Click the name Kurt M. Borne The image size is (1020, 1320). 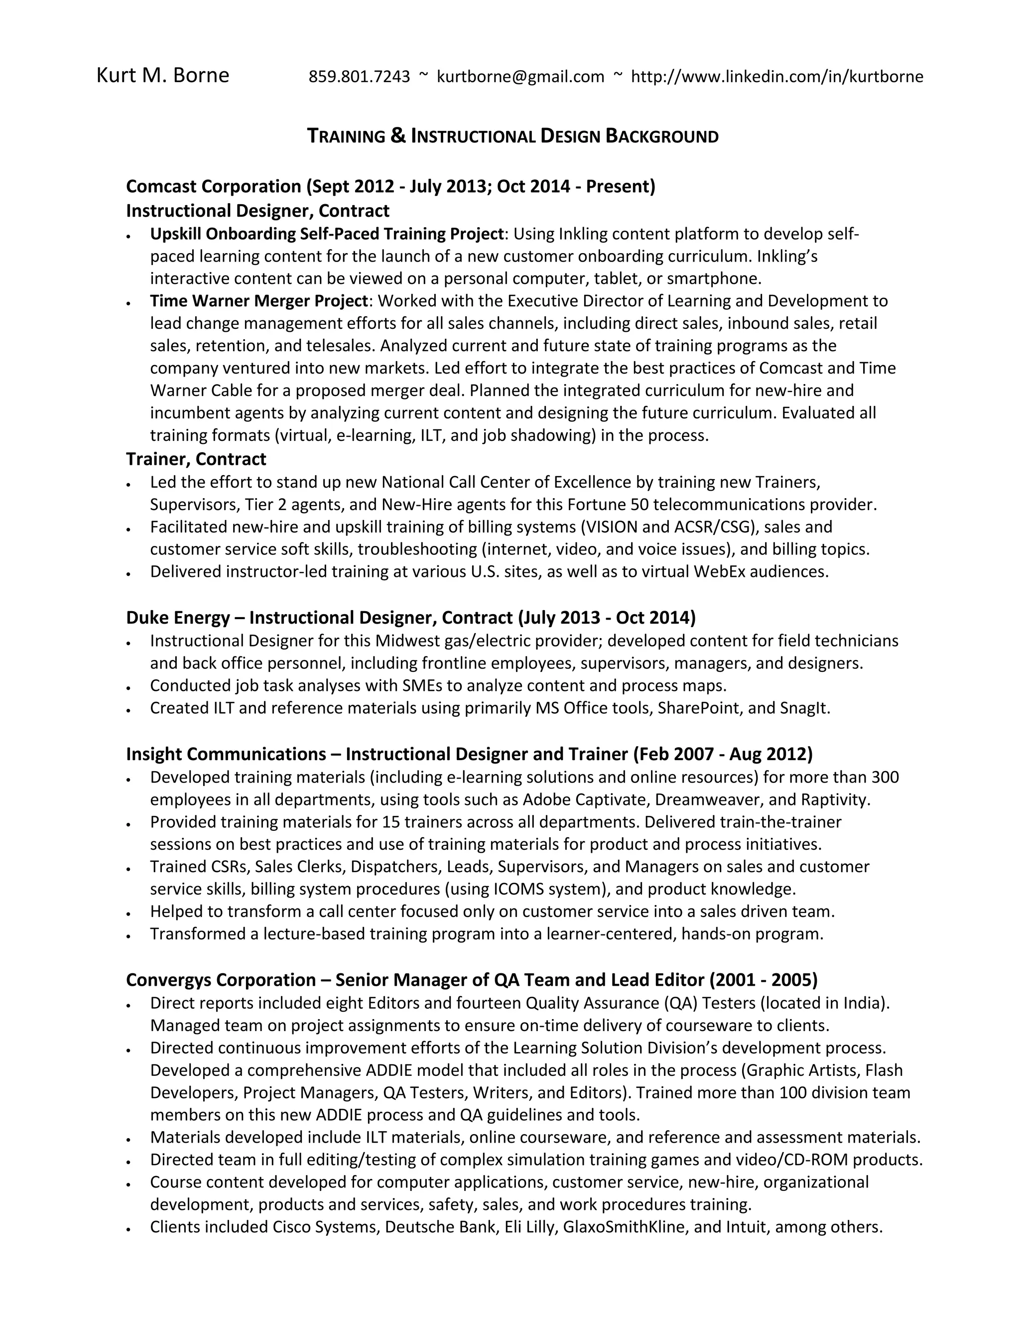point(162,76)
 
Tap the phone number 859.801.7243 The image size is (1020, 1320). point(359,77)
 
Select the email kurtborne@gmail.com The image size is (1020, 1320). point(520,77)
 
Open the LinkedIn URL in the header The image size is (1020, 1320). point(776,77)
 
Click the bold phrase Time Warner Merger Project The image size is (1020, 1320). point(258,301)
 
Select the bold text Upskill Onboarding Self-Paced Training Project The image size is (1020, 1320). point(327,234)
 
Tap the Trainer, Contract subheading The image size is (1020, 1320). point(196,459)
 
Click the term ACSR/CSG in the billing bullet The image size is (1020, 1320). point(715,527)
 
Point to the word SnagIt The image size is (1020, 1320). point(804,708)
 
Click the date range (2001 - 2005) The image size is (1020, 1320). point(763,980)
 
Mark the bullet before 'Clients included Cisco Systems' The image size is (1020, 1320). point(128,1229)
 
